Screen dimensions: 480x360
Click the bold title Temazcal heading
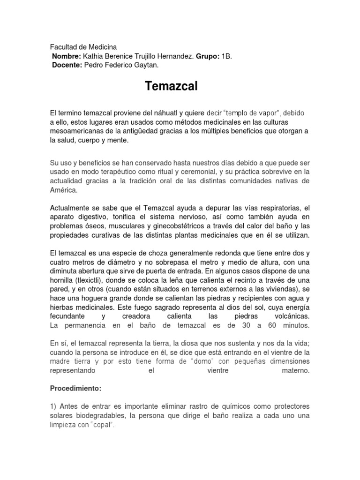(172, 86)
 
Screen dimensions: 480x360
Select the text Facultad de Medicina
(83, 47)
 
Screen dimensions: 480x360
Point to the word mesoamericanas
(77, 131)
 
